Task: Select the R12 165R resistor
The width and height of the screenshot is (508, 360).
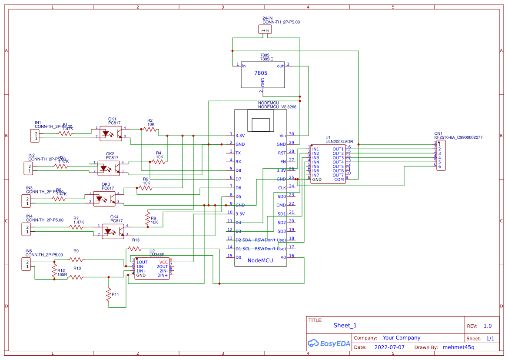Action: tap(54, 271)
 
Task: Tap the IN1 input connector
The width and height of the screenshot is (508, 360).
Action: tap(34, 136)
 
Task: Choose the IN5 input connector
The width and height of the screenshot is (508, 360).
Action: tap(27, 264)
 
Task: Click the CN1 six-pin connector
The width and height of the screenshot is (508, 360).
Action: tap(441, 155)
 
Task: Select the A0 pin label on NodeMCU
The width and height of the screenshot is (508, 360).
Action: tap(283, 257)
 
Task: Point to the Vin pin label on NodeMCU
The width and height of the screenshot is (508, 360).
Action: tap(282, 136)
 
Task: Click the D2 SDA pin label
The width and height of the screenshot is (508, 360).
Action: tap(243, 240)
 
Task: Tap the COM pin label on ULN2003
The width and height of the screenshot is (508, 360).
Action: tap(339, 179)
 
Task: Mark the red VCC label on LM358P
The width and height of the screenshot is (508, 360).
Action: tap(163, 262)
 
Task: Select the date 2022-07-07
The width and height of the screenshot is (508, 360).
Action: tap(389, 347)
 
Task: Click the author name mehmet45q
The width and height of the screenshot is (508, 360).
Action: tap(458, 347)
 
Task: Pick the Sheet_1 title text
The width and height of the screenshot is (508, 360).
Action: tap(345, 325)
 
